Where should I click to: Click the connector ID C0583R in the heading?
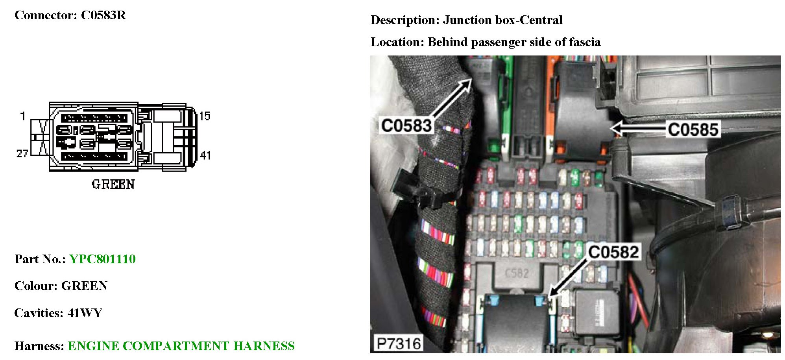(x=103, y=15)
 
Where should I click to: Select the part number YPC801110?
(x=102, y=259)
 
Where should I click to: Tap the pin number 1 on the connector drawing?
(x=23, y=116)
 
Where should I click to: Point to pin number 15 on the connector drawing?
(x=205, y=116)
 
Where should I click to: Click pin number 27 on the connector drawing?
(x=22, y=153)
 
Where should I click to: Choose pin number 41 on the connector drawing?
(x=205, y=155)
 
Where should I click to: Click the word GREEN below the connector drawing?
(x=113, y=184)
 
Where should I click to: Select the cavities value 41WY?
(x=85, y=313)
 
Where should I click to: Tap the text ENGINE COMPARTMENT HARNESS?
(x=181, y=346)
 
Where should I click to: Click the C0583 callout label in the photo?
(x=406, y=126)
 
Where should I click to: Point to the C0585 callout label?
(x=693, y=129)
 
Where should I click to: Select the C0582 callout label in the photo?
(x=613, y=252)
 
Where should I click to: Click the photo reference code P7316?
(x=399, y=343)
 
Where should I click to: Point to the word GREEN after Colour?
(x=84, y=286)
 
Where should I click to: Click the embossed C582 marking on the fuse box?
(x=516, y=273)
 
